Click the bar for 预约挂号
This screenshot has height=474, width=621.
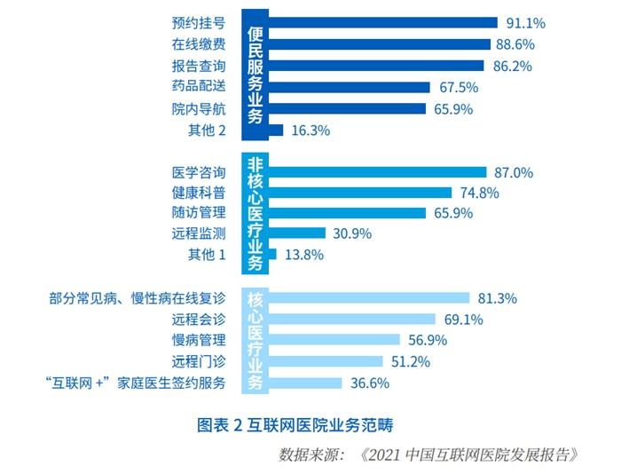pos(381,23)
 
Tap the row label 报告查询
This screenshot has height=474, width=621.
pos(200,66)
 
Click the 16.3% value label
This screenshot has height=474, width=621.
pos(310,130)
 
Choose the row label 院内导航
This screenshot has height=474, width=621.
pos(200,109)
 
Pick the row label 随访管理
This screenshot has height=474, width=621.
pos(200,213)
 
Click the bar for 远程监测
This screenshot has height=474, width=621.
pos(296,233)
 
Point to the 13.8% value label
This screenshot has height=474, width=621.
pos(304,255)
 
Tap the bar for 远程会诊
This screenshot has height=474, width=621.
pos(350,319)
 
